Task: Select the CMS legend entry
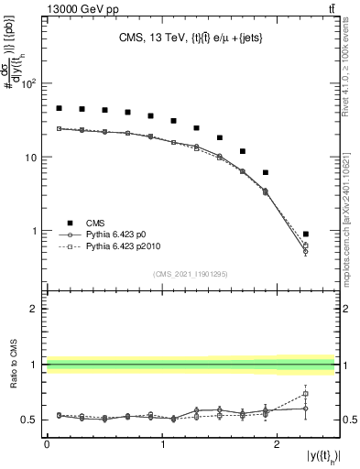tap(83, 223)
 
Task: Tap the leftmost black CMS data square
tap(59, 108)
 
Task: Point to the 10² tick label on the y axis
tap(29, 83)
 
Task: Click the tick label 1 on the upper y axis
tap(34, 231)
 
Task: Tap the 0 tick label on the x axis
tap(47, 443)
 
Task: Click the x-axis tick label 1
tap(162, 443)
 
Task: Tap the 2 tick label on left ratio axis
tap(34, 309)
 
